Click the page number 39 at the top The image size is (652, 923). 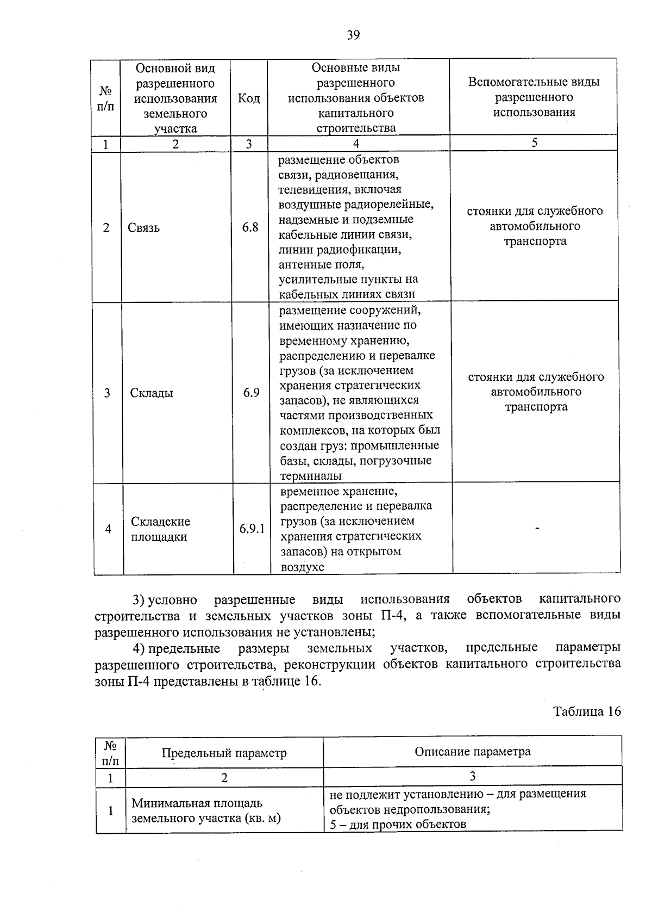(x=353, y=35)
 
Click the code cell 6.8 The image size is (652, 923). (x=250, y=227)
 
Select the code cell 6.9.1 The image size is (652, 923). (x=252, y=528)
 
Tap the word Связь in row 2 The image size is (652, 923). (x=144, y=228)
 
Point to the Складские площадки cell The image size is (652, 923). (x=160, y=529)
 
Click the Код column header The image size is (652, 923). (x=249, y=98)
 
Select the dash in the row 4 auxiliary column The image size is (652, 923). (x=537, y=528)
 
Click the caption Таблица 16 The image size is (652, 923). (x=587, y=711)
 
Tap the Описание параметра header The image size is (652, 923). (x=473, y=752)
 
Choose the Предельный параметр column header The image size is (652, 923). (x=224, y=753)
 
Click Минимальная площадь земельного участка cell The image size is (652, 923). (x=206, y=810)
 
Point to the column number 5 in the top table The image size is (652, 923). (x=535, y=143)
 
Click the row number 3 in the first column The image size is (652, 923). (x=107, y=393)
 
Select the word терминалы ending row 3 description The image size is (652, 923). (x=311, y=476)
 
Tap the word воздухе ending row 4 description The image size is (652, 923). (x=302, y=567)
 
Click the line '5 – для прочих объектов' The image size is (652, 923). (x=398, y=824)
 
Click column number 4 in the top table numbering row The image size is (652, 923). (x=356, y=144)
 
